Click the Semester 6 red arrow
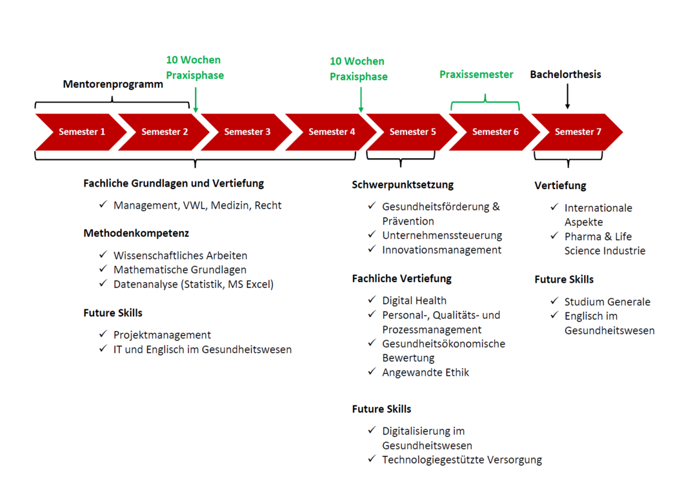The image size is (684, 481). (x=495, y=132)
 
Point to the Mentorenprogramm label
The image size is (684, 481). (x=113, y=85)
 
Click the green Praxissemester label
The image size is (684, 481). (x=476, y=74)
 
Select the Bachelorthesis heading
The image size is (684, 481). (x=565, y=74)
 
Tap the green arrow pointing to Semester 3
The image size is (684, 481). (x=196, y=100)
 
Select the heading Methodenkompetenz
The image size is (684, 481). (x=136, y=233)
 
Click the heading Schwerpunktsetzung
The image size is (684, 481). (x=403, y=185)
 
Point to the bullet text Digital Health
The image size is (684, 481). (x=414, y=300)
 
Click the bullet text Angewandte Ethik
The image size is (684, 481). (x=425, y=372)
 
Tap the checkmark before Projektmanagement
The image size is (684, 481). (x=103, y=334)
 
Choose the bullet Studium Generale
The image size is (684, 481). (x=607, y=302)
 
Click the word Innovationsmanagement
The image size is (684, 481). (x=441, y=249)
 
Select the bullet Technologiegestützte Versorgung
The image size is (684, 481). (x=461, y=460)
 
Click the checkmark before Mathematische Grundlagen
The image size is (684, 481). (x=103, y=269)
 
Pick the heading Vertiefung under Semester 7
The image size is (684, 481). (x=560, y=186)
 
